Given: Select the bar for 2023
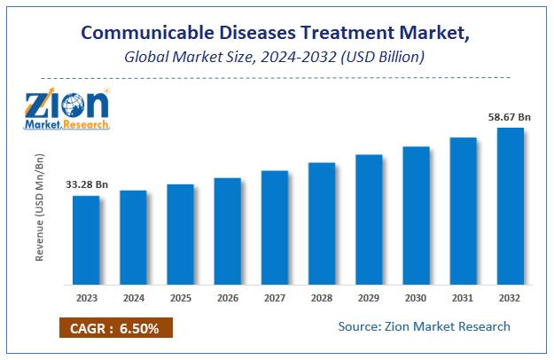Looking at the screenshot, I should [x=86, y=239].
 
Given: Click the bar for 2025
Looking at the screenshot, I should [x=181, y=234].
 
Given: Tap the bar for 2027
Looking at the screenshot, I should [x=275, y=227].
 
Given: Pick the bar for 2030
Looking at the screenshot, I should [x=416, y=215].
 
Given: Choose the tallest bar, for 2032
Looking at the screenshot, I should [x=510, y=206].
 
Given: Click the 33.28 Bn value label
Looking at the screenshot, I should [x=87, y=184].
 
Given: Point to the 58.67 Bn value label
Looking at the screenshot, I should [x=509, y=116].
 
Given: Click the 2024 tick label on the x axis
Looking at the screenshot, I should [x=134, y=299].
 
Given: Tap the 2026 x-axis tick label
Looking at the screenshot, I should [x=228, y=299].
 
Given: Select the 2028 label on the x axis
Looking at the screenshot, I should [x=322, y=299].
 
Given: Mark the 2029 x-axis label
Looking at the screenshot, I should [x=369, y=299].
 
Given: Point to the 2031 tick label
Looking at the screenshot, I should [x=463, y=299].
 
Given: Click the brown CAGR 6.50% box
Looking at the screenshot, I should [x=115, y=328].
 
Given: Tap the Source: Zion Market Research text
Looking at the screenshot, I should [x=424, y=326].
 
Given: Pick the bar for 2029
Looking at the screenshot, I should [x=369, y=219].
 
